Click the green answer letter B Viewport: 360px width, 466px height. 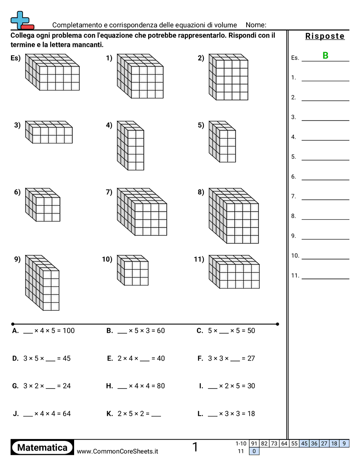325,56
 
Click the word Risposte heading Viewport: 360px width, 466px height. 325,36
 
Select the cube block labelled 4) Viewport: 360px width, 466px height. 131,145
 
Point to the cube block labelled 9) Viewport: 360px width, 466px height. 42,283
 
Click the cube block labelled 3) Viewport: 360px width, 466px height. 49,132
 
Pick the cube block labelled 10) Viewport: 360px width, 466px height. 133,270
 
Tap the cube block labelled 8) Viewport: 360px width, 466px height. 234,216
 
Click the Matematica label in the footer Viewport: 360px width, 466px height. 42,447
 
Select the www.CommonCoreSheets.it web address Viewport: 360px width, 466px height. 117,451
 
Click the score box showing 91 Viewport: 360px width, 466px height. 254,443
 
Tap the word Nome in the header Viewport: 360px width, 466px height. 255,25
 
